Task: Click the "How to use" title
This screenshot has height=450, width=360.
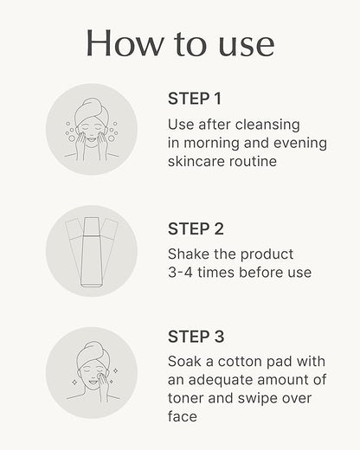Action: [180, 43]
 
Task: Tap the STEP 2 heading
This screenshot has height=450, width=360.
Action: [196, 229]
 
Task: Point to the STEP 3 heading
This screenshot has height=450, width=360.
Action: [196, 337]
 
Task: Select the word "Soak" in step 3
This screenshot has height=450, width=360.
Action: [184, 362]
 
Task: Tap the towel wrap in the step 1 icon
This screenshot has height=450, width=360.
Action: [91, 111]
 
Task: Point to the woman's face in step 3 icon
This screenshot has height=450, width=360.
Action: [89, 373]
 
